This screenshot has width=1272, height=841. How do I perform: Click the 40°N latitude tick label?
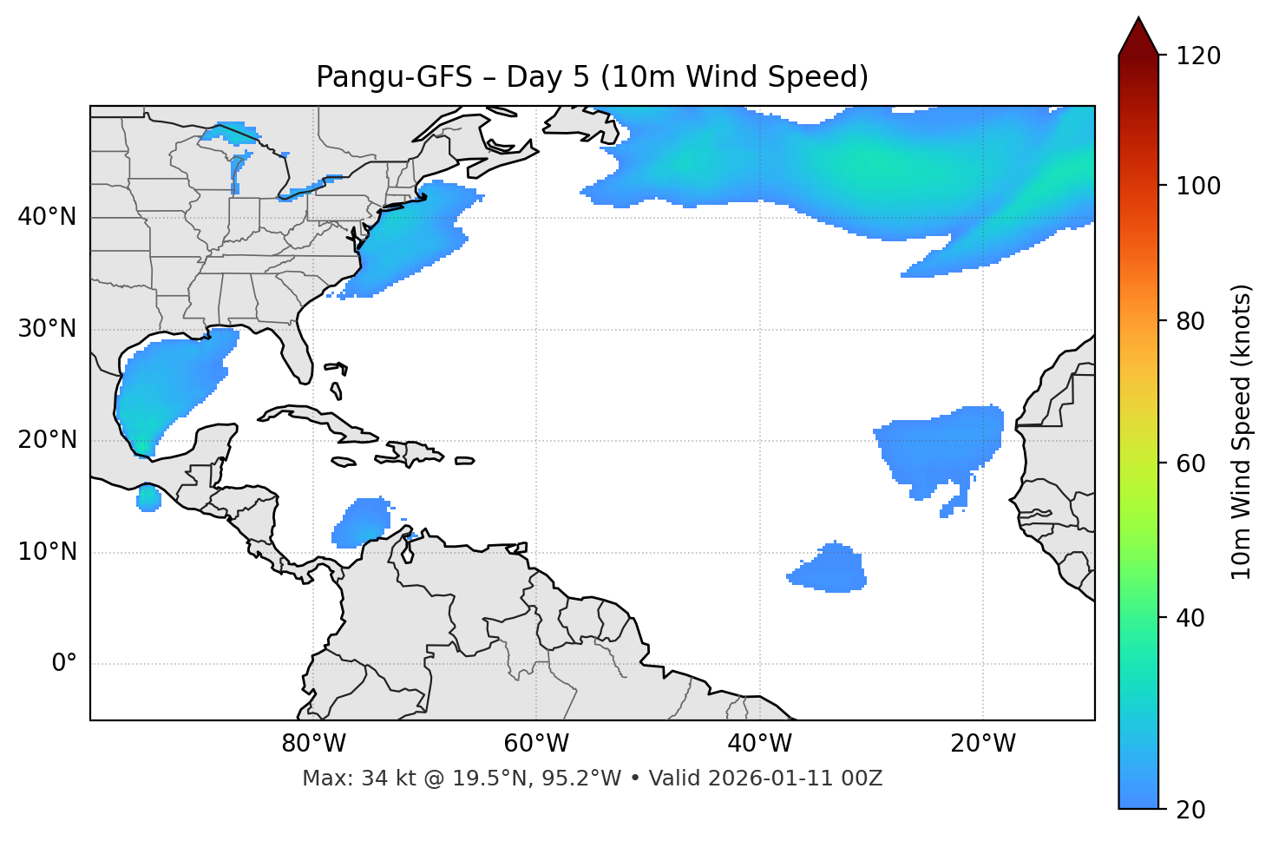47,217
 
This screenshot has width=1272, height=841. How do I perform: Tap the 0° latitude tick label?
64,664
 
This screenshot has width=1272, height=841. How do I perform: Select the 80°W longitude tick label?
313,744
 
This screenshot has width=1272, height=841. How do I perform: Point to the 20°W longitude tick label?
983,744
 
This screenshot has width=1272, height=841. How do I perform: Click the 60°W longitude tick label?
536,744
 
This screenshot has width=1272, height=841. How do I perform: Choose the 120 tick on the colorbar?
1199,56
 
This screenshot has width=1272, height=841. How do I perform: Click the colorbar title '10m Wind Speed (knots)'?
1242,431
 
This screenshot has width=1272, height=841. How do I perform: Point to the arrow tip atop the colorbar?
1138,19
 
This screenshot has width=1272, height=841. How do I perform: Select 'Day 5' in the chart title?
547,77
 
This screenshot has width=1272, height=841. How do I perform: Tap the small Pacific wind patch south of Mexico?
149,499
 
